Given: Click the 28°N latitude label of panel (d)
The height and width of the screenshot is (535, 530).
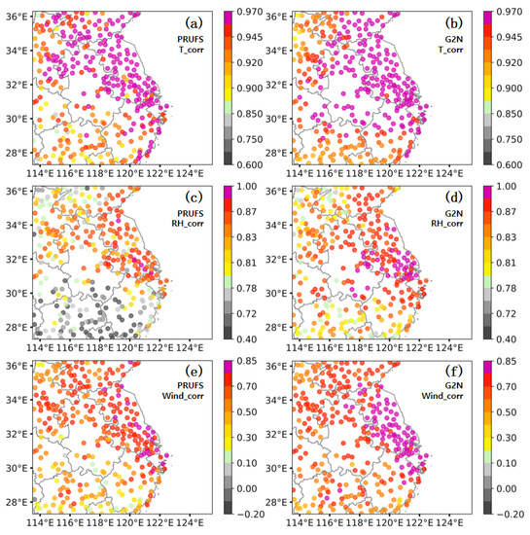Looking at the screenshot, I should (282, 328).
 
